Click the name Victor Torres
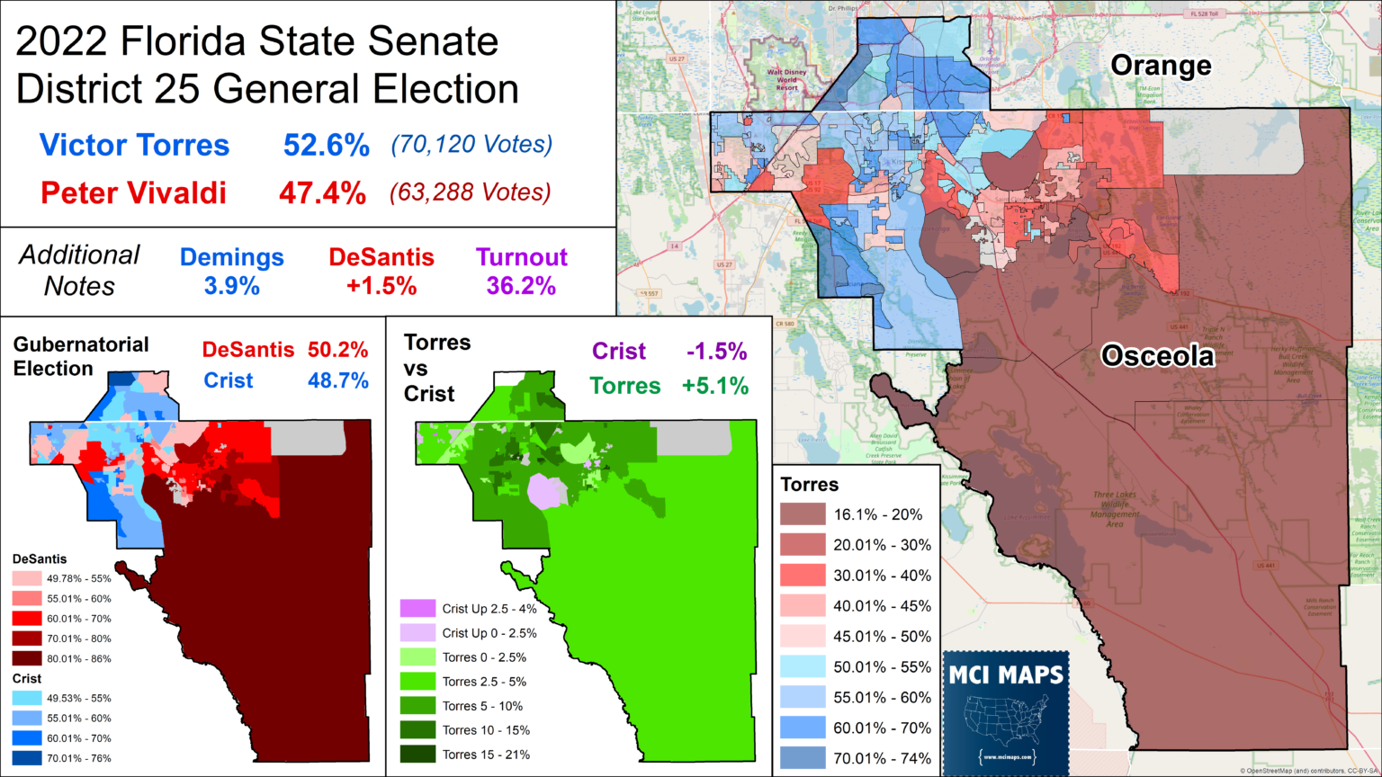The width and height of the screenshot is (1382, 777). pyautogui.click(x=134, y=146)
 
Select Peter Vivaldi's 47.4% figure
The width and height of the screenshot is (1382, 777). pyautogui.click(x=322, y=192)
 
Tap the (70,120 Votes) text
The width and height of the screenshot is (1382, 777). pyautogui.click(x=471, y=144)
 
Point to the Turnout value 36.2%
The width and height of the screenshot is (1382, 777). pyautogui.click(x=521, y=287)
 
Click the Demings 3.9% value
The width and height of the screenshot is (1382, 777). pyautogui.click(x=231, y=287)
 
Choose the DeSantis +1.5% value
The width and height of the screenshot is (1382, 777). pyautogui.click(x=381, y=287)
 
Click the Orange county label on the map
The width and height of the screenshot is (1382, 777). pyautogui.click(x=1160, y=66)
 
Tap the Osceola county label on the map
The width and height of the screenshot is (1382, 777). pyautogui.click(x=1157, y=356)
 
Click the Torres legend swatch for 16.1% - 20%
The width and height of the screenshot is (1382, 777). pyautogui.click(x=803, y=514)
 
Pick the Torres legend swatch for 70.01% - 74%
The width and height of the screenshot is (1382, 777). pyautogui.click(x=803, y=758)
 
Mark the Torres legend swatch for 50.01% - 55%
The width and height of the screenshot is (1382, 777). pyautogui.click(x=803, y=666)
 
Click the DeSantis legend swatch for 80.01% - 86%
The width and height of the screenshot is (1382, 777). pyautogui.click(x=27, y=658)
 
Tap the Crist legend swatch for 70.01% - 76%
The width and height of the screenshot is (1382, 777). pyautogui.click(x=27, y=758)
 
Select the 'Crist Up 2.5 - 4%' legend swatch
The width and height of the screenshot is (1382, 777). pyautogui.click(x=417, y=609)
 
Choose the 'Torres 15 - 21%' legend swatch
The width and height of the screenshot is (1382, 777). pyautogui.click(x=417, y=755)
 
